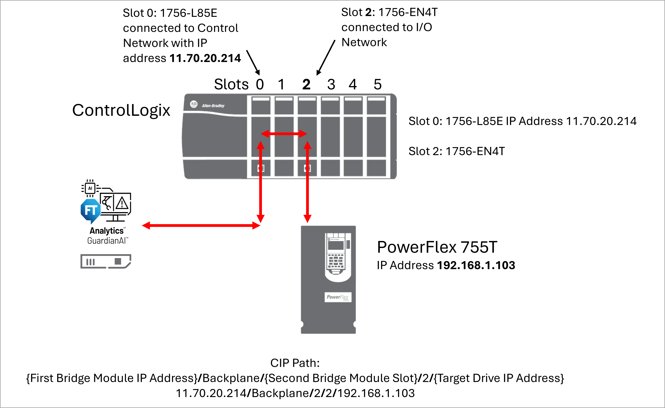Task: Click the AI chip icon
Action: [x=90, y=188]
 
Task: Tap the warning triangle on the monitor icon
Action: [x=122, y=203]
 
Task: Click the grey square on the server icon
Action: [x=118, y=261]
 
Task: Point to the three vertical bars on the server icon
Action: [x=91, y=262]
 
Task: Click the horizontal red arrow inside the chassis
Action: [x=284, y=134]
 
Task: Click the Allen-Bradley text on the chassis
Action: [x=213, y=106]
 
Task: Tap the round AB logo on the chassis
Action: [x=194, y=104]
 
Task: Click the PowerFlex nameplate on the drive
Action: [x=338, y=297]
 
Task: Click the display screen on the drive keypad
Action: [x=335, y=245]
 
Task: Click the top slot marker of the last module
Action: [x=376, y=99]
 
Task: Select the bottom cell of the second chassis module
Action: [x=284, y=168]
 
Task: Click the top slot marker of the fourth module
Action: [x=330, y=99]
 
